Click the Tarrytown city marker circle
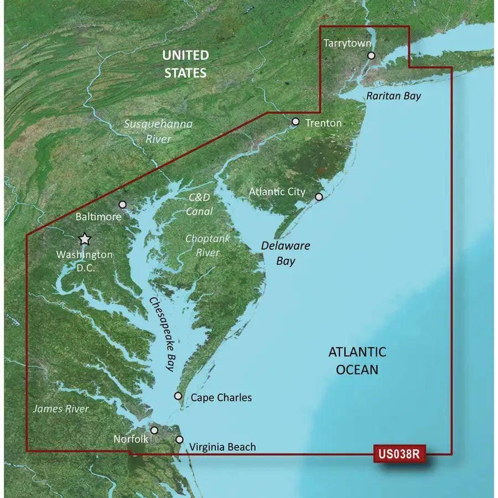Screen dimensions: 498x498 [371, 55]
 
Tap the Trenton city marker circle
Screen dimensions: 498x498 [295, 122]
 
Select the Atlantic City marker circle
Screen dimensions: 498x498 [319, 196]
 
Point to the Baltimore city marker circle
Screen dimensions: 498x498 [123, 205]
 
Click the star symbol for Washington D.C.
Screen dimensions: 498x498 [85, 239]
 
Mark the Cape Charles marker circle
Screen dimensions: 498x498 [178, 396]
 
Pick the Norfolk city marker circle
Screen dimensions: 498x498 [154, 430]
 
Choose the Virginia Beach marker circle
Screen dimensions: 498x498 [179, 439]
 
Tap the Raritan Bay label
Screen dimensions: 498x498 [393, 96]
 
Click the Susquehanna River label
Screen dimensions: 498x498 [158, 131]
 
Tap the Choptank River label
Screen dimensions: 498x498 [207, 246]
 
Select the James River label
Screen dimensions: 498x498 [61, 409]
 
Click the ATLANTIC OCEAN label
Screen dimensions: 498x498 [357, 360]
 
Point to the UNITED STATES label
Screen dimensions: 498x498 [185, 64]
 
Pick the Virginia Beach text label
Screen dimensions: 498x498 [222, 447]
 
